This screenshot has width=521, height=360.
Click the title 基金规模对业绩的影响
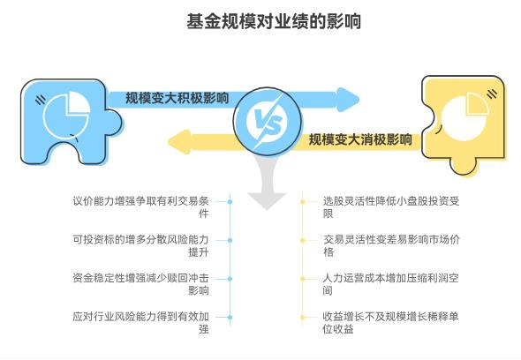pyautogui.click(x=260, y=20)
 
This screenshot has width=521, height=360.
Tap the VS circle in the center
pyautogui.click(x=260, y=118)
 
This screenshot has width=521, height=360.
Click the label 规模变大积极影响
pyautogui.click(x=177, y=97)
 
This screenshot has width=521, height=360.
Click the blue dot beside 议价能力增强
pyautogui.click(x=230, y=201)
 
